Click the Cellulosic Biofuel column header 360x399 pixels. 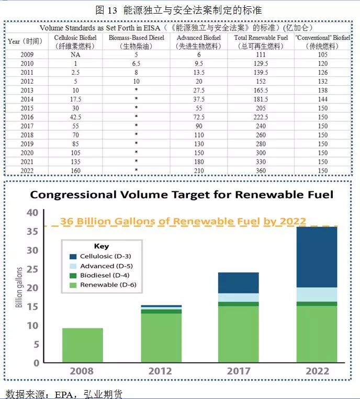pos(75,41)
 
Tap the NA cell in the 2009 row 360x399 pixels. pos(75,54)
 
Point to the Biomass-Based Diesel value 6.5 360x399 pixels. pos(136,63)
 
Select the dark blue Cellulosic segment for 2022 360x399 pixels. pos(317,257)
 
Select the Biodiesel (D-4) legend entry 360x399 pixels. pos(100,276)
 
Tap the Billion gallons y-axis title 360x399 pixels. pos(19,287)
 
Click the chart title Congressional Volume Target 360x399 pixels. pos(181,195)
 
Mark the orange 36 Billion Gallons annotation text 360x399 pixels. pos(183,221)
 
